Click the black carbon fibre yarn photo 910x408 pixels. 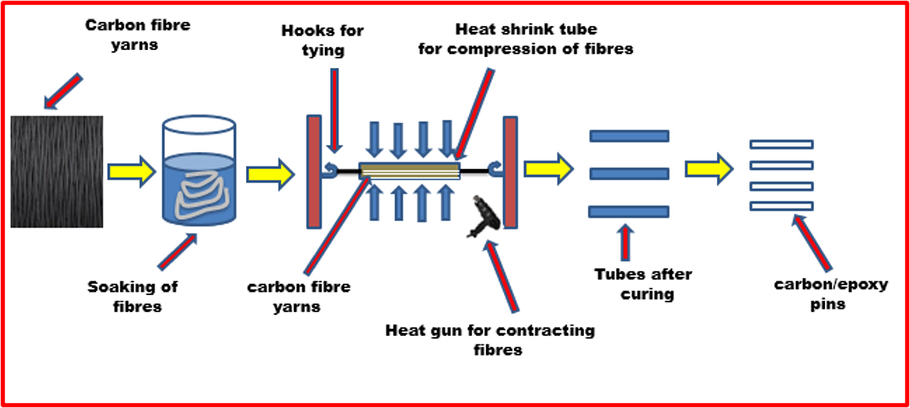click(57, 172)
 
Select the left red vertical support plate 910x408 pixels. click(314, 172)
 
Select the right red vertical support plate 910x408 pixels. click(510, 172)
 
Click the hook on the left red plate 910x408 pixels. click(330, 170)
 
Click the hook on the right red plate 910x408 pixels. click(496, 169)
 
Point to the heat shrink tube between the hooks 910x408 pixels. click(409, 171)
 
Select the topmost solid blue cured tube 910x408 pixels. click(629, 136)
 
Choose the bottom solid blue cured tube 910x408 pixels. click(629, 212)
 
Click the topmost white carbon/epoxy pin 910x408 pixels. click(781, 144)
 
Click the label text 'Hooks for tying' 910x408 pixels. click(322, 40)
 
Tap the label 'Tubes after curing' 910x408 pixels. click(643, 284)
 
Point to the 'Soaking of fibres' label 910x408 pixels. click(132, 296)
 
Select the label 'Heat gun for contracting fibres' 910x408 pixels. click(490, 340)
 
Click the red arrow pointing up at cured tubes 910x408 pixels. click(626, 242)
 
